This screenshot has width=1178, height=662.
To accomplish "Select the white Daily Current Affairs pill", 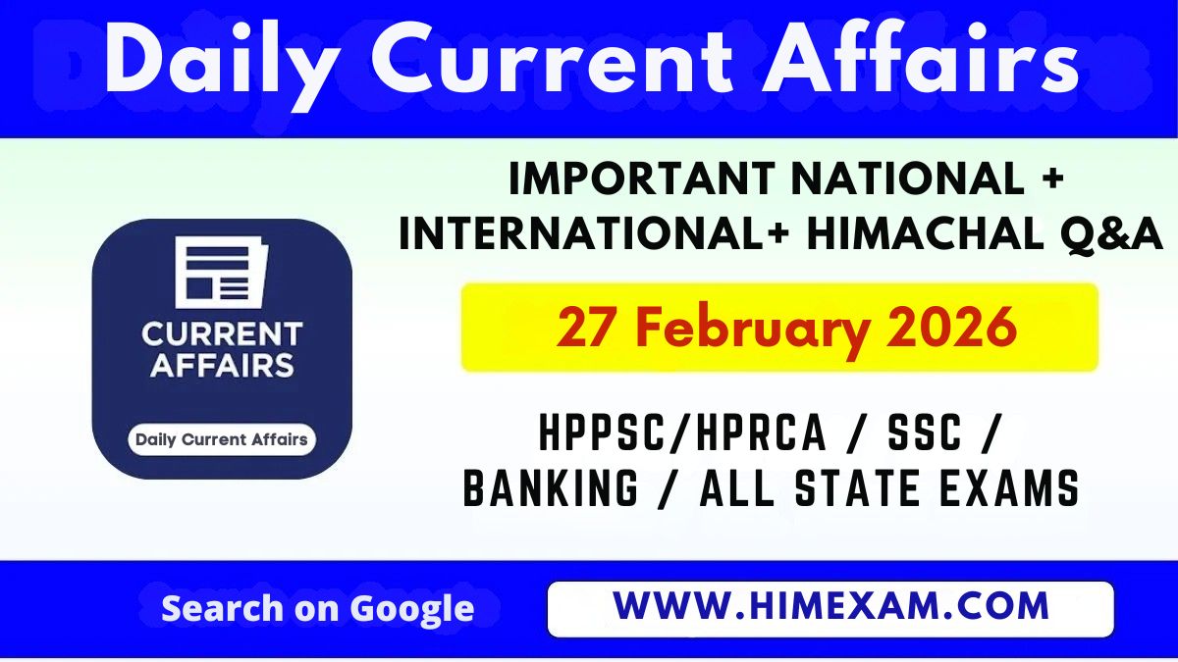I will [222, 439].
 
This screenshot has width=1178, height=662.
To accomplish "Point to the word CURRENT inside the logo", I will [222, 334].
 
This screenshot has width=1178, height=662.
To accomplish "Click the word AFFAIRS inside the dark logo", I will [222, 366].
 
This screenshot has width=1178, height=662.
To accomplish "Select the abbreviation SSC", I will [920, 434].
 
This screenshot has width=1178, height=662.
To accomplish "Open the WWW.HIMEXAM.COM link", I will [830, 607].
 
